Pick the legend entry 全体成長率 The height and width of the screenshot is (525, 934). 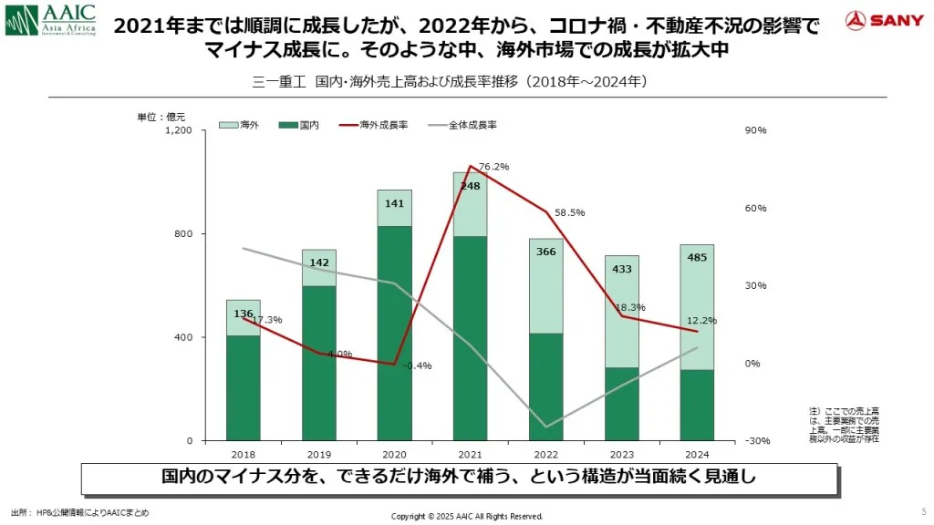click(462, 124)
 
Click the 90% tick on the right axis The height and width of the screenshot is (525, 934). click(756, 131)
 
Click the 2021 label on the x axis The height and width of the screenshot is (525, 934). click(470, 454)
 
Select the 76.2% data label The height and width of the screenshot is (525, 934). click(493, 167)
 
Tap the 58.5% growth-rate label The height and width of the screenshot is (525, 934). click(569, 212)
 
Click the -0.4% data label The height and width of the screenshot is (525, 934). click(419, 365)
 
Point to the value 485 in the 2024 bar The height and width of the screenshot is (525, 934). click(697, 257)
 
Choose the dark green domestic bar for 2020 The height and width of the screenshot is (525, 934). click(394, 333)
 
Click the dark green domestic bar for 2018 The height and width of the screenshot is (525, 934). click(243, 387)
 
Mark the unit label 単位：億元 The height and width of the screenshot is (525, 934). click(161, 117)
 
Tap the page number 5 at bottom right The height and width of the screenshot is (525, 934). click(924, 510)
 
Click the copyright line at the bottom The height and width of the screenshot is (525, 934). click(467, 516)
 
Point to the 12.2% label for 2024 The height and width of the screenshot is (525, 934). click(702, 320)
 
